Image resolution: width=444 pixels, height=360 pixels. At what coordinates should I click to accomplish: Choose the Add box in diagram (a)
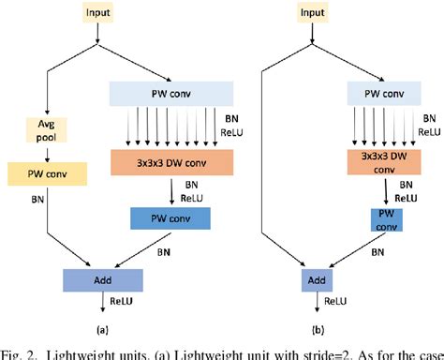point(103,279)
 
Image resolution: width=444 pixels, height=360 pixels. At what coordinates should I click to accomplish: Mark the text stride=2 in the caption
point(319,352)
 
